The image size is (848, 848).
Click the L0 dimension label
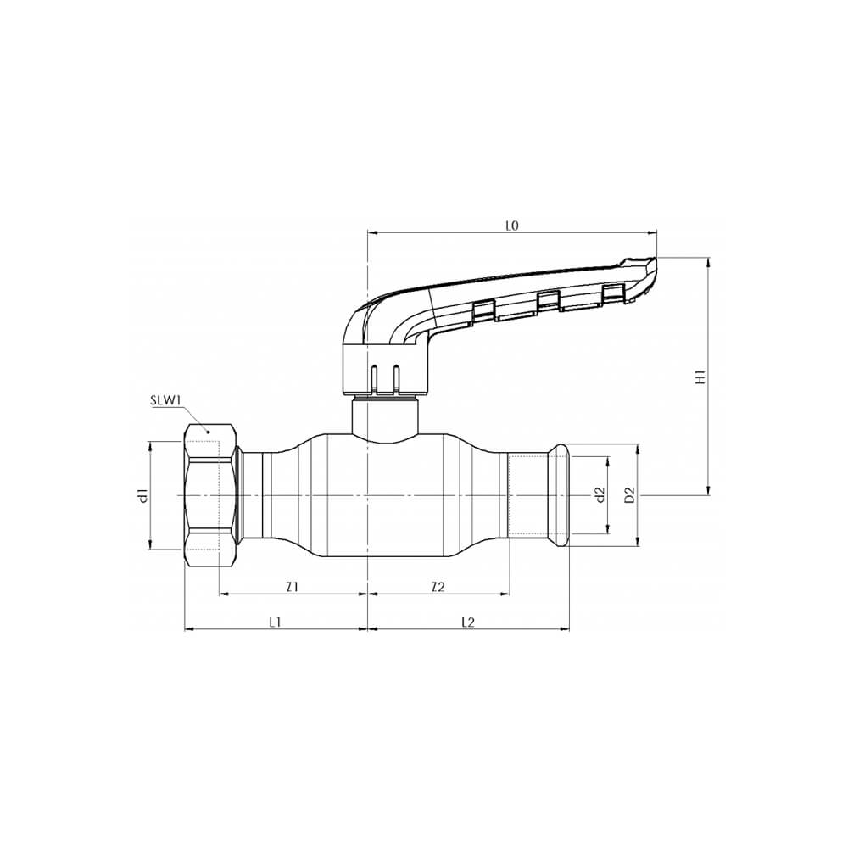tap(511, 226)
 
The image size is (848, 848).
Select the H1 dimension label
tap(700, 377)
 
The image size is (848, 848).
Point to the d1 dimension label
tap(143, 495)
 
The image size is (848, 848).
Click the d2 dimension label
tap(598, 494)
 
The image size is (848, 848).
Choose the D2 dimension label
tap(629, 494)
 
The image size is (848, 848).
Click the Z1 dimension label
tap(292, 586)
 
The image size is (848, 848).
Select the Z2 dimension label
tap(438, 586)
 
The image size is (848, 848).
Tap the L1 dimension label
tap(275, 622)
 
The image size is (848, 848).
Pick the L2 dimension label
tap(467, 622)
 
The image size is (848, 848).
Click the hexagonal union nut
tap(209, 495)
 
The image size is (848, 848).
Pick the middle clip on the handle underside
tap(549, 298)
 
